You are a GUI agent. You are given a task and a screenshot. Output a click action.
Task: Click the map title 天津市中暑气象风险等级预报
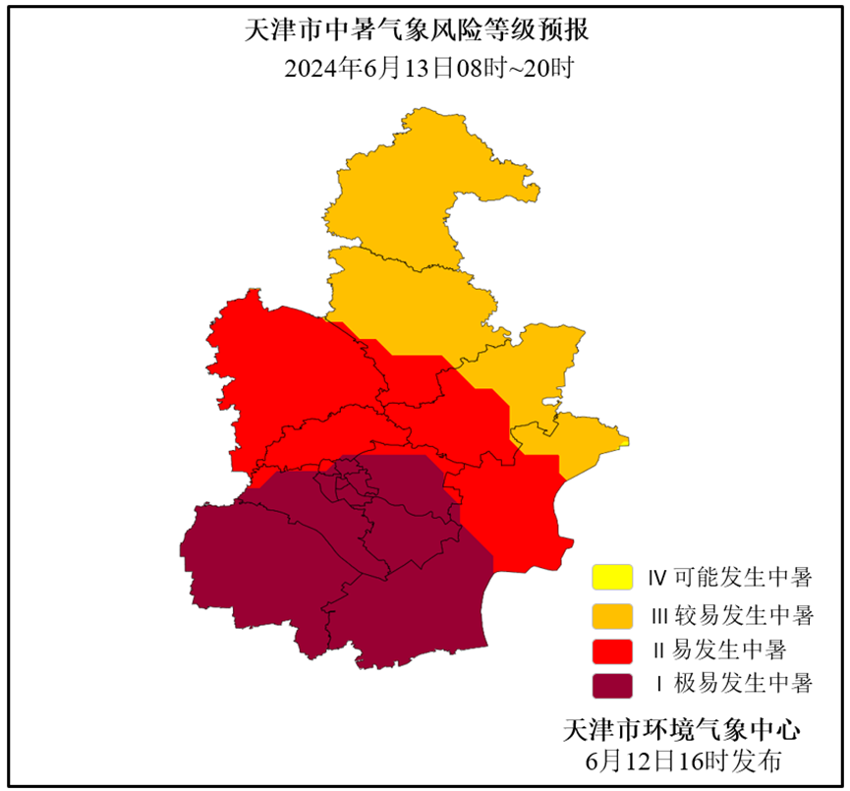[x=417, y=30]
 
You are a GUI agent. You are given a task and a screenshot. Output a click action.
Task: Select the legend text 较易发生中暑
[x=746, y=616]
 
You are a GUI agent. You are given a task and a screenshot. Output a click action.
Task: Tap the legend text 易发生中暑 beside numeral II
[x=732, y=650]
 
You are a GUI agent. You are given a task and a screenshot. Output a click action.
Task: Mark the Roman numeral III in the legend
[x=660, y=616]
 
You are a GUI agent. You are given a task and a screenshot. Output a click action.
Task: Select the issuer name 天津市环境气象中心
[x=682, y=730]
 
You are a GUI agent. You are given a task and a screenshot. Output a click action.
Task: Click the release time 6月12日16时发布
[x=682, y=760]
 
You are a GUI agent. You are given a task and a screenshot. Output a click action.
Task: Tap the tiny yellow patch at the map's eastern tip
[x=624, y=442]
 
